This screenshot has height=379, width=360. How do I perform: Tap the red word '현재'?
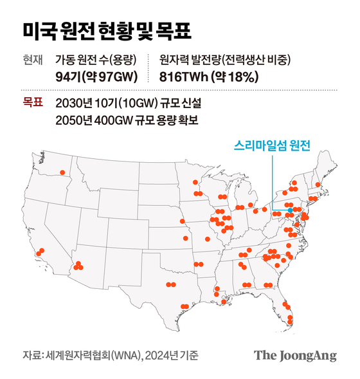32,60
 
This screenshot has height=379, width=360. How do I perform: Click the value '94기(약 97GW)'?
94,77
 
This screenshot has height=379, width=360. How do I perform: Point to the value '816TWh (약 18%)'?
209,77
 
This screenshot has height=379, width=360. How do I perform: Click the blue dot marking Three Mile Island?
290,210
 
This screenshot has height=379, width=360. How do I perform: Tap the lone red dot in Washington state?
62,172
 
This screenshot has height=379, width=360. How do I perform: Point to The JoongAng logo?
295,355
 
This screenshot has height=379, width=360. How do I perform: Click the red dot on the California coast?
42,251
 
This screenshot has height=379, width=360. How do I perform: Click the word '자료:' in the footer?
32,355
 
